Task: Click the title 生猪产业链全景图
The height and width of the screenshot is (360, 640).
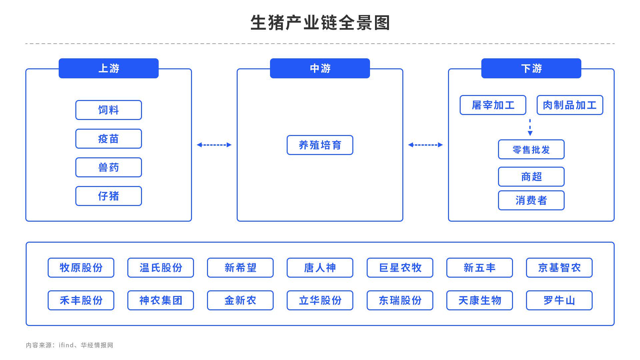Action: coord(320,23)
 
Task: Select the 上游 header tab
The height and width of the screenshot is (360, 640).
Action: coord(109,68)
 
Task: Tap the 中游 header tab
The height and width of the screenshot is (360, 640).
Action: coord(320,68)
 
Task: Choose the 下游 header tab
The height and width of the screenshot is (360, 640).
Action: coord(531,68)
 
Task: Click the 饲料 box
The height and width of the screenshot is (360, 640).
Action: coord(109,110)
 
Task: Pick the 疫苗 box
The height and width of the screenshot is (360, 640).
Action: coord(109,139)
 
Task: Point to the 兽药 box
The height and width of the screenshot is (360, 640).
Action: coord(109,167)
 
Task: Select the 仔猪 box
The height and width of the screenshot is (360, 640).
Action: coord(109,196)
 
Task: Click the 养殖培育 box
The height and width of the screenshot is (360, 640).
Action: coord(320,145)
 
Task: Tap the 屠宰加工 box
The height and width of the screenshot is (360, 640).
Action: coord(493,105)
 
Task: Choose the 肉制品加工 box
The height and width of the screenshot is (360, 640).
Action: coord(570,105)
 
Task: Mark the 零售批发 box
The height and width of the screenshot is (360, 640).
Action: coord(531,149)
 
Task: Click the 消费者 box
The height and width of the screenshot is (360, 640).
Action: coord(531,200)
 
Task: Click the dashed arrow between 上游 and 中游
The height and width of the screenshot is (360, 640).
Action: coord(214,145)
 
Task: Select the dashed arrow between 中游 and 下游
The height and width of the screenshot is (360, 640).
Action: coord(425,145)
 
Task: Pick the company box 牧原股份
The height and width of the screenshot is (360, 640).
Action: coord(81,268)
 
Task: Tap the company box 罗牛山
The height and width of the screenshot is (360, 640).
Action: coord(559,300)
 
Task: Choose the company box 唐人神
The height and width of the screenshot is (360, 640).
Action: coord(320,268)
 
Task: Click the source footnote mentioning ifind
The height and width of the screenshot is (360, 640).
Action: coord(70,345)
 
